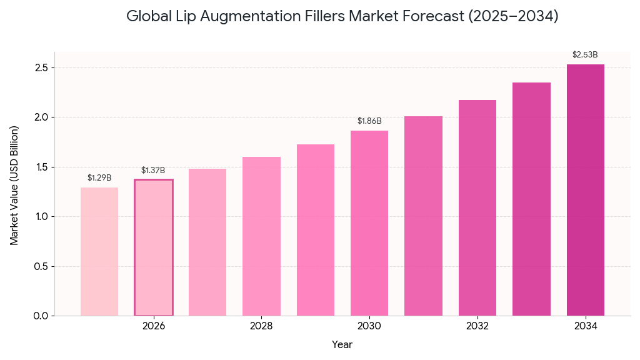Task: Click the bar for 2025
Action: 99,251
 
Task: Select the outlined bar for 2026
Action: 154,247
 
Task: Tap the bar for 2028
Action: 261,236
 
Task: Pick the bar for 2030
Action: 369,223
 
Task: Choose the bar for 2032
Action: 477,207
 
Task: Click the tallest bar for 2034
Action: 586,190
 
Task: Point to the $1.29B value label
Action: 99,178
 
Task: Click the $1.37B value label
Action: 153,170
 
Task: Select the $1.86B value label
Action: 369,121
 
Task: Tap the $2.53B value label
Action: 585,55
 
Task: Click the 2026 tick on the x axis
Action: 154,326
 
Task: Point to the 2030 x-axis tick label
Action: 369,326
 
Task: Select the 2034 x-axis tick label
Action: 586,326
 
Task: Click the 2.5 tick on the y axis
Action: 41,67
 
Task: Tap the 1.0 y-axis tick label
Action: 41,216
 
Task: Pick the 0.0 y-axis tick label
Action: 41,316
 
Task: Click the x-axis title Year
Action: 342,344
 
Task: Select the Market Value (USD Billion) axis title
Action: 14,185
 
